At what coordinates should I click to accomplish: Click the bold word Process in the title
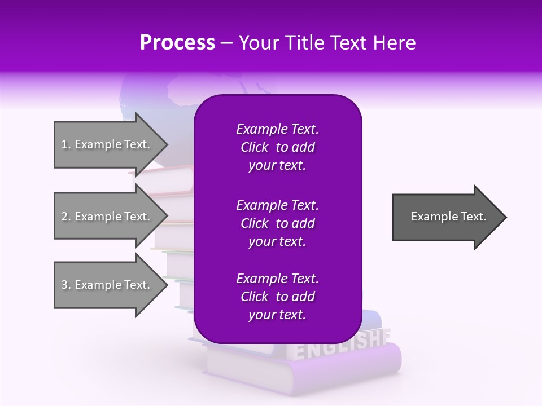point(177,43)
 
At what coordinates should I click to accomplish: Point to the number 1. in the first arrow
point(66,144)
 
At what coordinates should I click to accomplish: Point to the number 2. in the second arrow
point(66,217)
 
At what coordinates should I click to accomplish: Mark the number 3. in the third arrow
point(66,285)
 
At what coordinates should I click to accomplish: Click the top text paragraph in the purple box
point(277,147)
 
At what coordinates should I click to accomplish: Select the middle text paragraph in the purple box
point(277,223)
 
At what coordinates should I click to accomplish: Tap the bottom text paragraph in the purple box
point(277,297)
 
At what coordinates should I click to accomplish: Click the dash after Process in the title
point(226,43)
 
